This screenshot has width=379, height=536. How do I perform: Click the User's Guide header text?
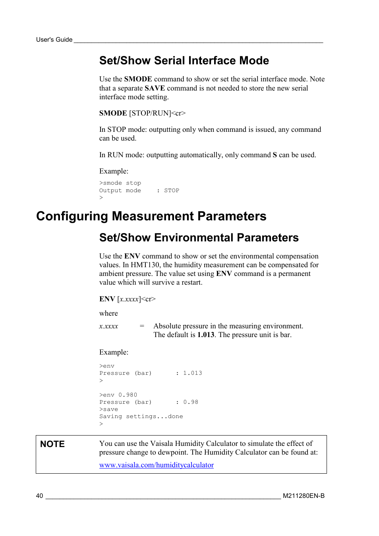(x=54, y=40)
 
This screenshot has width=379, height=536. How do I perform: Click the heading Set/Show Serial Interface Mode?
(x=184, y=60)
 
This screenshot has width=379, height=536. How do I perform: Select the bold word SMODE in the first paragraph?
(x=138, y=79)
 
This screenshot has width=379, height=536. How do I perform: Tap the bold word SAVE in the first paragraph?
(x=155, y=88)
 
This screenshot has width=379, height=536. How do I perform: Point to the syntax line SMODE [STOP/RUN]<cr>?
(x=142, y=113)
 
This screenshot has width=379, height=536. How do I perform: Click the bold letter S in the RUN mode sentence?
(x=275, y=155)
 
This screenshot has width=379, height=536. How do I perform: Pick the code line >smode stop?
(x=120, y=183)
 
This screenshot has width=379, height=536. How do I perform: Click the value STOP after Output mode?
(x=172, y=191)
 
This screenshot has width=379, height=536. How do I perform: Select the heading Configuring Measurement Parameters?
(x=151, y=216)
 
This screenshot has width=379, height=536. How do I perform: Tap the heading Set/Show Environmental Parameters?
(x=199, y=237)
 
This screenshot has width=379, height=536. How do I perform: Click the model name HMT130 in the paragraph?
(x=145, y=265)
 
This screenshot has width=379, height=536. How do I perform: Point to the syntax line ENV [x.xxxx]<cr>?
(x=127, y=299)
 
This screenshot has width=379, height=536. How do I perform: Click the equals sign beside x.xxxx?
(x=142, y=326)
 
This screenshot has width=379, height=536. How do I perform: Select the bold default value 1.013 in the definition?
(x=206, y=335)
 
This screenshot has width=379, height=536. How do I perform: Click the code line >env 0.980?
(x=118, y=395)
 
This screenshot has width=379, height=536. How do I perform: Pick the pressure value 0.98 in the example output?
(x=191, y=402)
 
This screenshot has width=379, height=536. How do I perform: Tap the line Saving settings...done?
(x=141, y=416)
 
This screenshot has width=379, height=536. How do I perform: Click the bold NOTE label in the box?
(x=52, y=444)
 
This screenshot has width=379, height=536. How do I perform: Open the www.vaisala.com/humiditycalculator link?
(x=157, y=465)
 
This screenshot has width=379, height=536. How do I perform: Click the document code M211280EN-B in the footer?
(x=304, y=496)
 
